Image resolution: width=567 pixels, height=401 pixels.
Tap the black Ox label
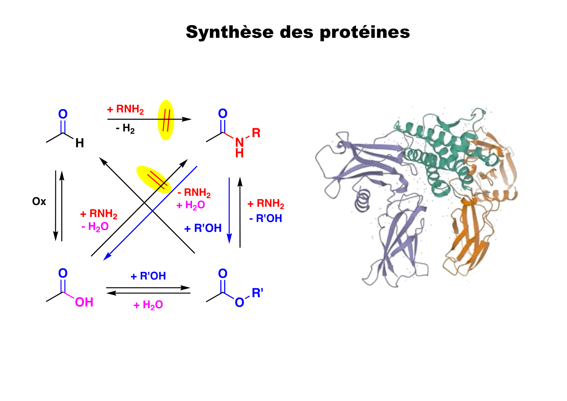click(39, 201)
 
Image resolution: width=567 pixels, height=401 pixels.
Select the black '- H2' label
click(125, 129)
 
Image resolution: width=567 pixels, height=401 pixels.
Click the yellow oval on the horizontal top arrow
click(166, 120)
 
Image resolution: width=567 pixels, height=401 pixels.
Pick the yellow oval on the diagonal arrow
click(154, 179)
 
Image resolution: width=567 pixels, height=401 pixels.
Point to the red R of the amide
click(256, 132)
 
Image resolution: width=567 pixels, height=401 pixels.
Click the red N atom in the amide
click(239, 142)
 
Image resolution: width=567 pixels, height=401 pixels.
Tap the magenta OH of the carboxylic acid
click(84, 302)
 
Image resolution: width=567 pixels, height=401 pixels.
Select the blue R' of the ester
click(257, 293)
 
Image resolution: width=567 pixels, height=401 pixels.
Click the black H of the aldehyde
click(80, 143)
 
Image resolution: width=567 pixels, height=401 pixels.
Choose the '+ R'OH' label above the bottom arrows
click(148, 276)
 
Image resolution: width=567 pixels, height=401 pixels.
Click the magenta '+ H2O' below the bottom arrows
click(148, 305)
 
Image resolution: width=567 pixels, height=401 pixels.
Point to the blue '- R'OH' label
click(266, 218)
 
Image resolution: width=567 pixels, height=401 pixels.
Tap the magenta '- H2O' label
click(95, 227)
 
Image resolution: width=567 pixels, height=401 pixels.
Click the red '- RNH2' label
click(194, 193)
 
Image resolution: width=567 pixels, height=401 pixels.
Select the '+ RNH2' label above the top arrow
click(125, 109)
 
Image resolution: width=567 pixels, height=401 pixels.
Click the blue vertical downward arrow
click(229, 210)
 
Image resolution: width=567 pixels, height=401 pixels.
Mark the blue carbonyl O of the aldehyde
click(63, 114)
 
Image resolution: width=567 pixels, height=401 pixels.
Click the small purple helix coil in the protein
click(363, 200)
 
